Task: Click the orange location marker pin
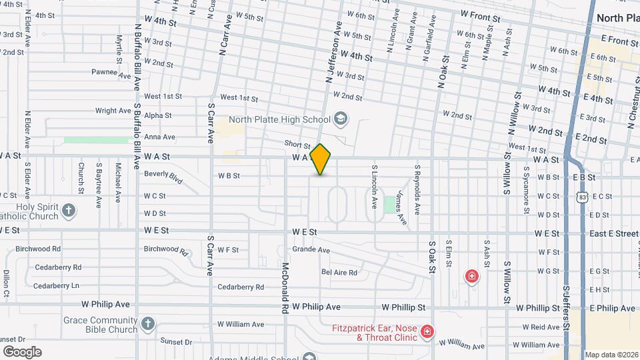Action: [x=321, y=159]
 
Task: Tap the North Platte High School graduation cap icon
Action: [x=341, y=119]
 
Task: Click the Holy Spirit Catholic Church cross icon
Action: [x=68, y=211]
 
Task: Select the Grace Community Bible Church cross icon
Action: [x=148, y=325]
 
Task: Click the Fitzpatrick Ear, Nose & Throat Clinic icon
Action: [x=427, y=331]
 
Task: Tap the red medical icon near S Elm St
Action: [x=472, y=276]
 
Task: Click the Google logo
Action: [x=22, y=351]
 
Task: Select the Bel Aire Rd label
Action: [x=339, y=272]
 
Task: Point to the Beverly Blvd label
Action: [x=163, y=177]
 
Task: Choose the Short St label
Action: [x=297, y=144]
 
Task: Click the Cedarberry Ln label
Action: [x=56, y=285]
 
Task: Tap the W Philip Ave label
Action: [x=317, y=307]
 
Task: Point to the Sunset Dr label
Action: [x=176, y=341]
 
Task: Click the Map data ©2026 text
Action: [x=611, y=355]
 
